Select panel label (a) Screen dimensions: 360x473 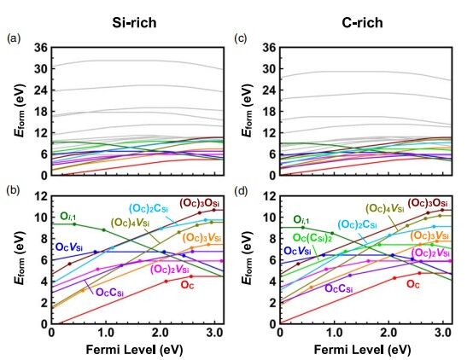(x=13, y=38)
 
